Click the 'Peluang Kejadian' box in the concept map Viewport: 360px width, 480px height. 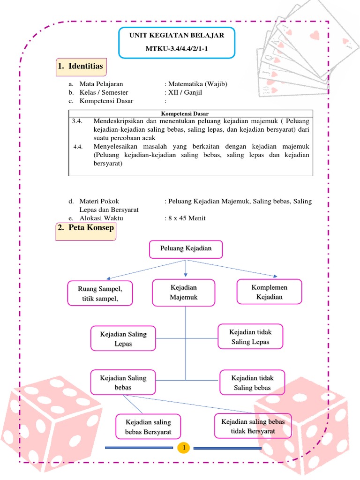(186, 248)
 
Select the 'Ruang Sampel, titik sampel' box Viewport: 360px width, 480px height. (100, 293)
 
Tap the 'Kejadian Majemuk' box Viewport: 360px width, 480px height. (184, 292)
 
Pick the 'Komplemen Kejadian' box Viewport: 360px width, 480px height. (269, 292)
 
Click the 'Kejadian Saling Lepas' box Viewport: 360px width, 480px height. (123, 338)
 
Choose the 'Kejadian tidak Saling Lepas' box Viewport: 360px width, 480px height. (250, 337)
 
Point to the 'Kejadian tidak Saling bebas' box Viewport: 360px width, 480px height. (252, 382)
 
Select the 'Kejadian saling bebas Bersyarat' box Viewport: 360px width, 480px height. (148, 426)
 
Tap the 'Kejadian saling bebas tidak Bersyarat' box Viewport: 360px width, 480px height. (253, 426)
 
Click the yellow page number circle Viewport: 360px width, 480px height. (185, 448)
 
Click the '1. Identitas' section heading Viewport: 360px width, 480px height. (80, 66)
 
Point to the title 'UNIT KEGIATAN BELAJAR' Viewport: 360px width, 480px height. (177, 36)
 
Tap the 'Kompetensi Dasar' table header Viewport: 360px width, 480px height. (185, 113)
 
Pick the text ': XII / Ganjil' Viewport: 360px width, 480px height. (185, 92)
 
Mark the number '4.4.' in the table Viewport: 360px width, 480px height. (78, 147)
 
